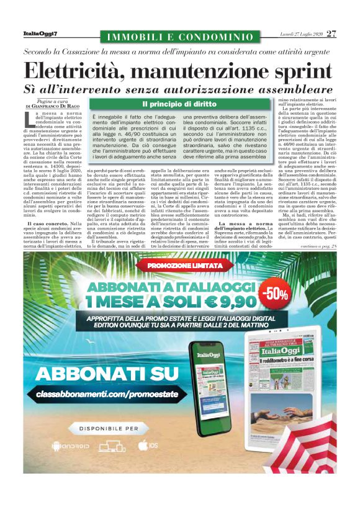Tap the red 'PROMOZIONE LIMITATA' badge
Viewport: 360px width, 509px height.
[x=180, y=266]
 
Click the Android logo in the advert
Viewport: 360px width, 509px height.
[x=62, y=446]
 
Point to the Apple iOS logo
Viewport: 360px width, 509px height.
[x=143, y=445]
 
